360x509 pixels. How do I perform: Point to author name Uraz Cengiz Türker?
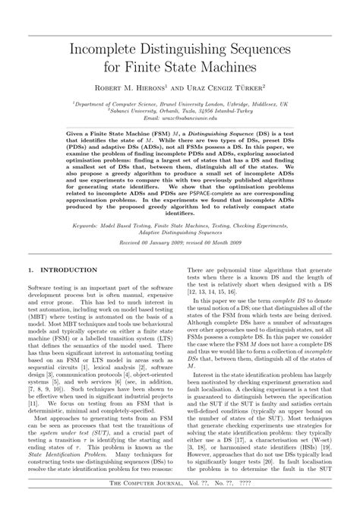[229, 87]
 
